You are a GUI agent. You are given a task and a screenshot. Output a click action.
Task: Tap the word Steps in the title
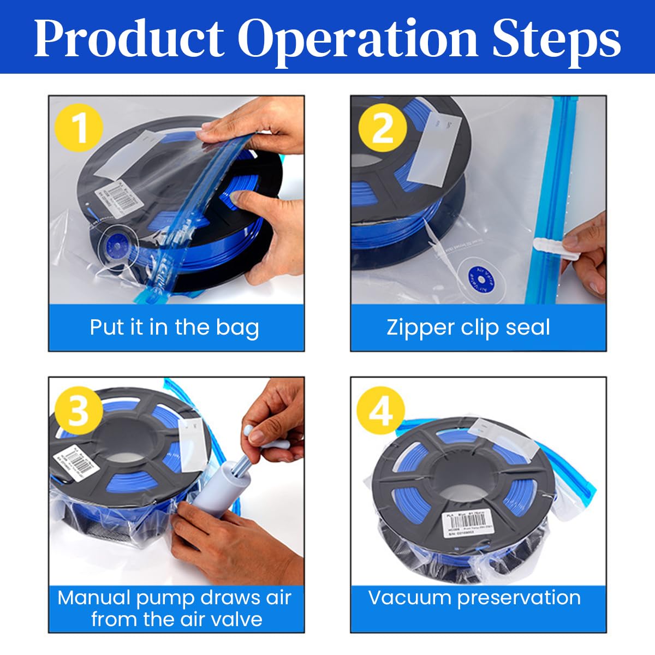click(x=556, y=39)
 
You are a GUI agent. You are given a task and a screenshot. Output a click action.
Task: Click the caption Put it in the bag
click(x=175, y=327)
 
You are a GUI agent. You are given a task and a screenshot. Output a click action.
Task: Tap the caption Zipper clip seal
click(x=468, y=327)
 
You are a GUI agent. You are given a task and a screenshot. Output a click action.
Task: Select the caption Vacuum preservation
click(x=474, y=598)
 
